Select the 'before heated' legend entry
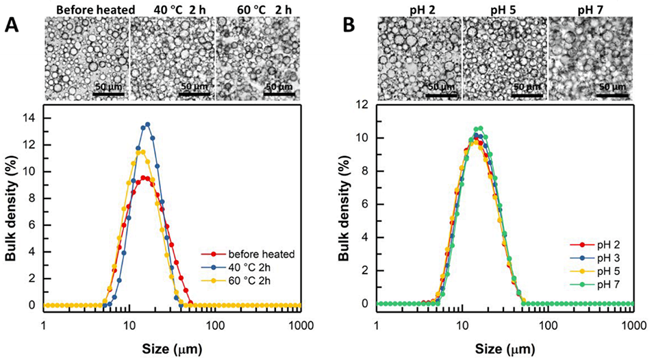pyautogui.click(x=260, y=254)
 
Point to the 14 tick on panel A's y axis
pyautogui.click(x=32, y=116)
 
